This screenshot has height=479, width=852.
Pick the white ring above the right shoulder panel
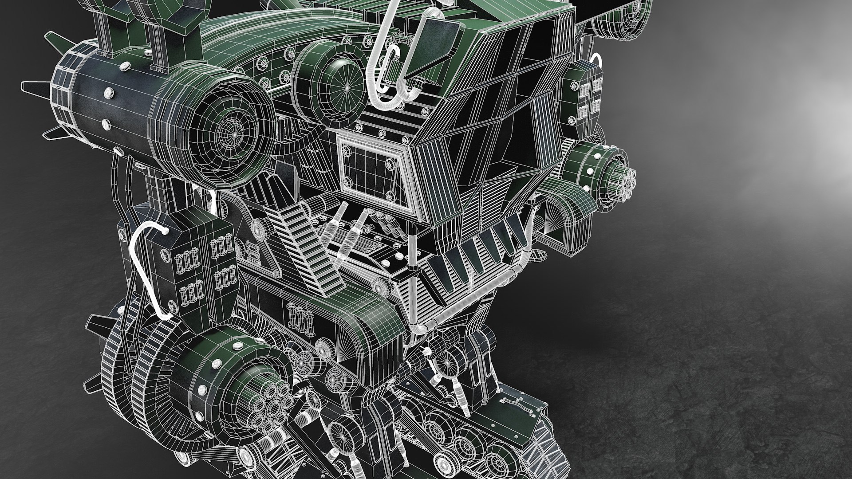597,60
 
